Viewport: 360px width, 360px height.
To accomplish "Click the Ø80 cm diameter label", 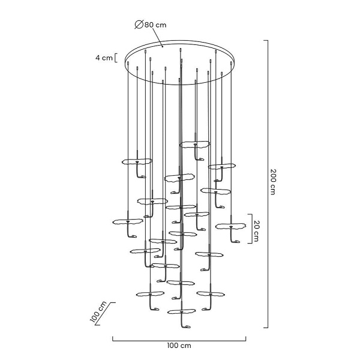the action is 151,25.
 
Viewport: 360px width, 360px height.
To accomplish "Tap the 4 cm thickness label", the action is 104,58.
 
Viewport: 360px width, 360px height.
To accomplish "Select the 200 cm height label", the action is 272,182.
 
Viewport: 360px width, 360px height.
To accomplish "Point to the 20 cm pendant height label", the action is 256,231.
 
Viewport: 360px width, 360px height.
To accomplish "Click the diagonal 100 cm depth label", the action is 98,312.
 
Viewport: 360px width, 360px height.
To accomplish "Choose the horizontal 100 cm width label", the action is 179,346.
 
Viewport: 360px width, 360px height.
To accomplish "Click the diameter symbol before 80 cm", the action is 139,25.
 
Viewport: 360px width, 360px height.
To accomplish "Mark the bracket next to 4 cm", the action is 116,58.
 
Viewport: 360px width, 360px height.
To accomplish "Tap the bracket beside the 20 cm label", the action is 250,229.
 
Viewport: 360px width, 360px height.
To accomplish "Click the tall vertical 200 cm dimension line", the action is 268,184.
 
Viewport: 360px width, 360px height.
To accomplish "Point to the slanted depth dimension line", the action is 106,314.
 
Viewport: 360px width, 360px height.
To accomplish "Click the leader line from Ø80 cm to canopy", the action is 158,38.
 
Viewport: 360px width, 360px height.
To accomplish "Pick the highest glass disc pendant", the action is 194,145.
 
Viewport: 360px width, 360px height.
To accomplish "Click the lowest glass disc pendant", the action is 181,312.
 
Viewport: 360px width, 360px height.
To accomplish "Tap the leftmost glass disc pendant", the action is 128,221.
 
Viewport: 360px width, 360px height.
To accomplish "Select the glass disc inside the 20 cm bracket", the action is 230,226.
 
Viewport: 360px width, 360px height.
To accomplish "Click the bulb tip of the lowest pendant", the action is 188,326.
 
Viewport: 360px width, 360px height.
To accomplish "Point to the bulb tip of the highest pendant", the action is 202,159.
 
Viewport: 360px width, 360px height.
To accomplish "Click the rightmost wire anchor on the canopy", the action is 231,62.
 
